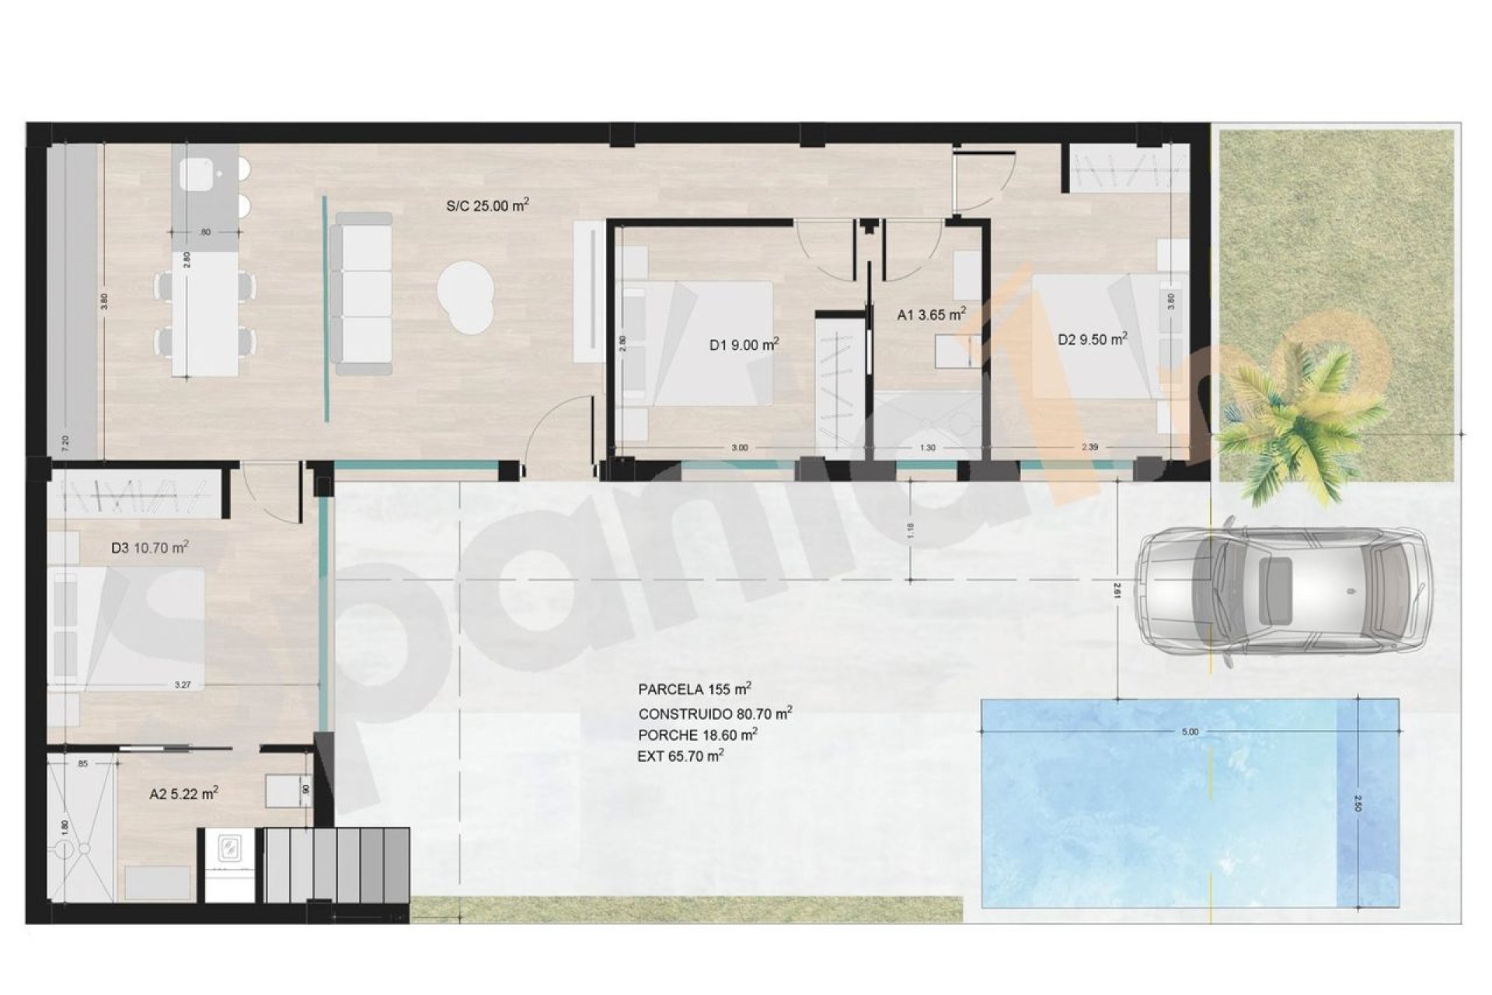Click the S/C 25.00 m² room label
[x=487, y=206]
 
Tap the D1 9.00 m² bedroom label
[x=744, y=344]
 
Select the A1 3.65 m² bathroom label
[x=931, y=315]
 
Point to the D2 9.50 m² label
[x=1092, y=339]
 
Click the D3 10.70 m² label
[x=150, y=547]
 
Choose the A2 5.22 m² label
[x=183, y=794]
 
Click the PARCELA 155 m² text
[x=694, y=689]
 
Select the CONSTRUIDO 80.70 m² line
[x=715, y=713]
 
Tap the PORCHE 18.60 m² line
[x=697, y=734]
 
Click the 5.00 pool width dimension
[x=1189, y=731]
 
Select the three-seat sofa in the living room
[x=361, y=293]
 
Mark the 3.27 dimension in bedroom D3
[x=183, y=685]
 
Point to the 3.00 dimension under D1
[x=739, y=448]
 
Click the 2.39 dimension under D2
[x=1089, y=448]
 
